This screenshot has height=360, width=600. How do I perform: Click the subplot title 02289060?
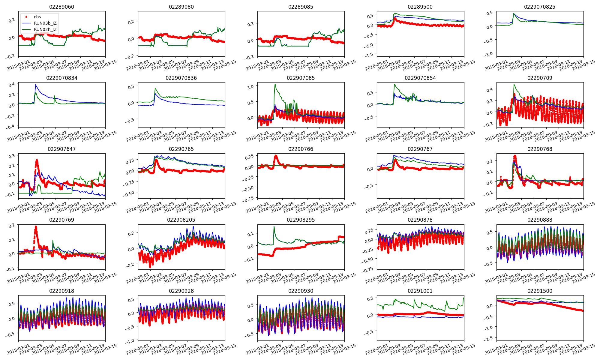coord(61,7)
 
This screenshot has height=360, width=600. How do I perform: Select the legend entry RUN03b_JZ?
coord(45,23)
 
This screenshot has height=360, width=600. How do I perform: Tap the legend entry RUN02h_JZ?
coord(45,29)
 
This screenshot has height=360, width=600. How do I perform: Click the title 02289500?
coord(420,7)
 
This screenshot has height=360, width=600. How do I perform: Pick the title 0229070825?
coord(539,7)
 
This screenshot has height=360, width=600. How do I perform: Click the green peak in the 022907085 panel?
coord(275,85)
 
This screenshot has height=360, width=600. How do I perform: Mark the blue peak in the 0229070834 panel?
coord(36,85)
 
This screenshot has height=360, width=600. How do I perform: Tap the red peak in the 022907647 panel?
coord(37,160)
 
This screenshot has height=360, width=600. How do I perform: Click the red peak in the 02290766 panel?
coord(276,156)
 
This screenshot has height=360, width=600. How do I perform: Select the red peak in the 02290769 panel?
coord(36,227)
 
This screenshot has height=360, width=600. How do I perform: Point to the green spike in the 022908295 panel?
coord(274,227)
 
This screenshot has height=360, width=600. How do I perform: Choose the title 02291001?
coord(420,291)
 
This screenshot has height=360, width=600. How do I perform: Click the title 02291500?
coord(539,291)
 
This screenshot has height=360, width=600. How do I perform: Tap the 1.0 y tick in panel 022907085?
coord(250,86)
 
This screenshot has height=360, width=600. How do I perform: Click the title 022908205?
coord(181,220)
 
